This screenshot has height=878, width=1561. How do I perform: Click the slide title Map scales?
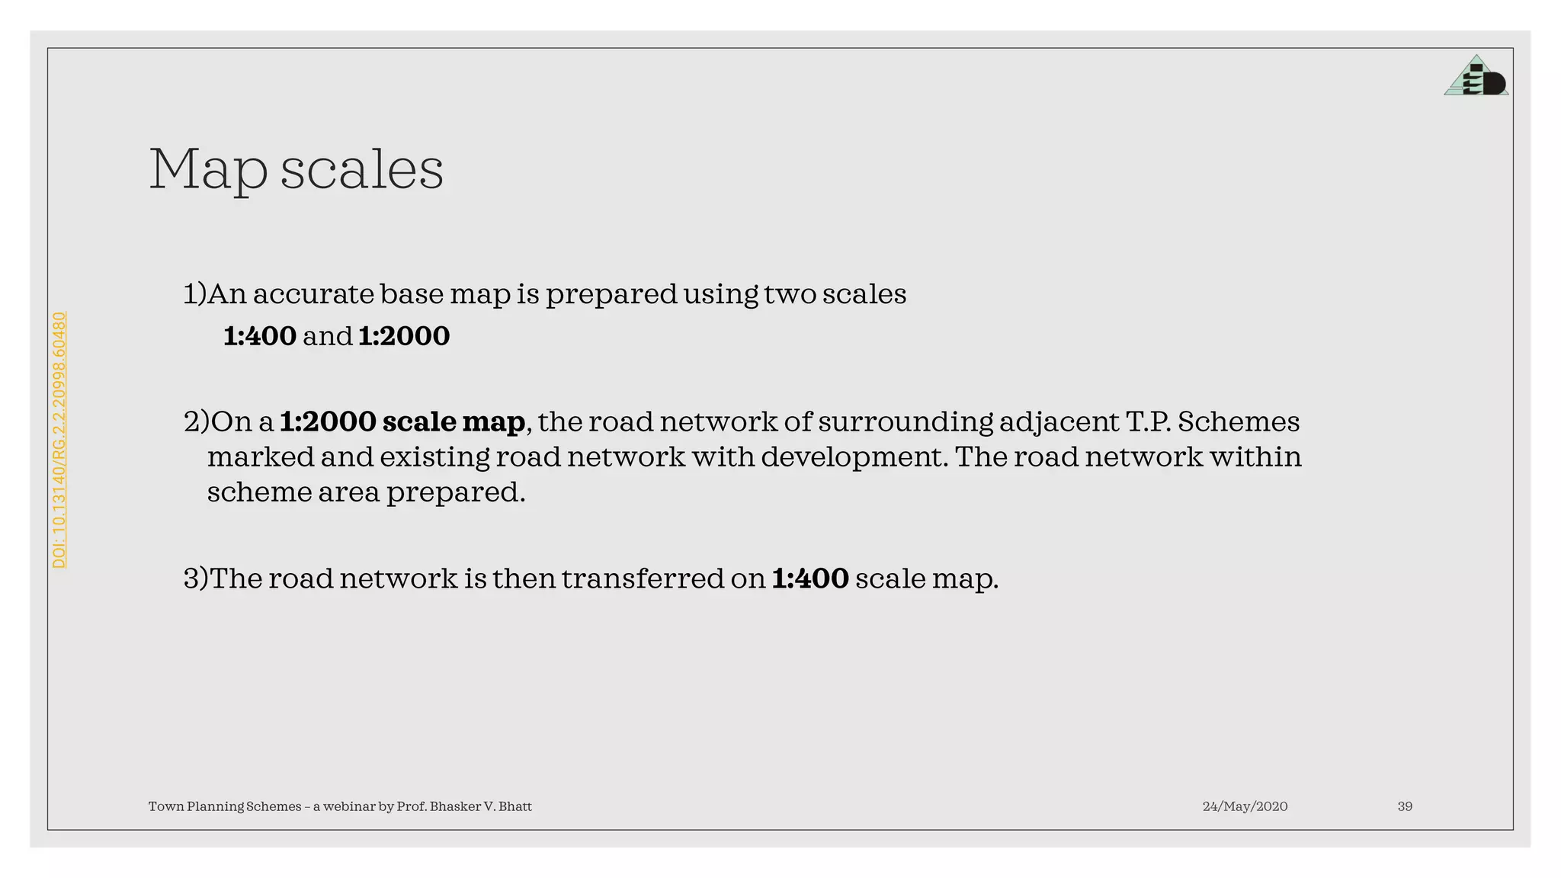click(296, 169)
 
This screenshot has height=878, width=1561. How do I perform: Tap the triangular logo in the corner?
click(1476, 77)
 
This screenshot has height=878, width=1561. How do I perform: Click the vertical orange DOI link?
click(59, 440)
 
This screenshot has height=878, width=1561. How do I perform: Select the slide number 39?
click(1405, 806)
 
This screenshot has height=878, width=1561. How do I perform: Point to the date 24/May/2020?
click(1245, 806)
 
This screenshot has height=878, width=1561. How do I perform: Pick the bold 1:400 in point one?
click(260, 336)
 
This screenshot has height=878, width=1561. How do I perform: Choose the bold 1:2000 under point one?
click(404, 336)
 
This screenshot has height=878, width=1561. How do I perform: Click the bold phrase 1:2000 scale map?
click(402, 421)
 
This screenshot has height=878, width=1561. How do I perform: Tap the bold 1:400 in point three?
click(810, 578)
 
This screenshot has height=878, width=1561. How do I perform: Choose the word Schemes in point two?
click(1239, 421)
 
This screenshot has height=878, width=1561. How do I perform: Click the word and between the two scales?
click(328, 336)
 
